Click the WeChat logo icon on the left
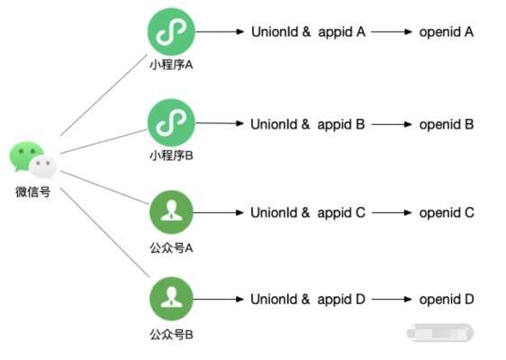tap(33, 160)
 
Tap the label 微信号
tap(32, 191)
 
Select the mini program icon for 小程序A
tap(171, 32)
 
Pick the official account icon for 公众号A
tap(171, 212)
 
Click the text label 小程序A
tap(171, 65)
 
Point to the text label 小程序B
tap(171, 156)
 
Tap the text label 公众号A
tap(171, 244)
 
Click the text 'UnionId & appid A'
tap(307, 32)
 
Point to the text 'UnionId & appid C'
tap(307, 213)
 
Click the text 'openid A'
tap(446, 32)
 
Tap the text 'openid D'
tap(446, 300)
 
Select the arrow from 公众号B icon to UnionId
tap(220, 300)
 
